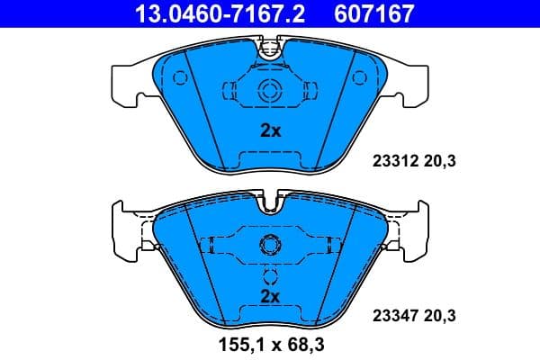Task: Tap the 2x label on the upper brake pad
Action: tap(270, 130)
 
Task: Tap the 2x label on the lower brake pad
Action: tap(270, 295)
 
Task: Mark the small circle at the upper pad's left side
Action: tap(179, 78)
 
